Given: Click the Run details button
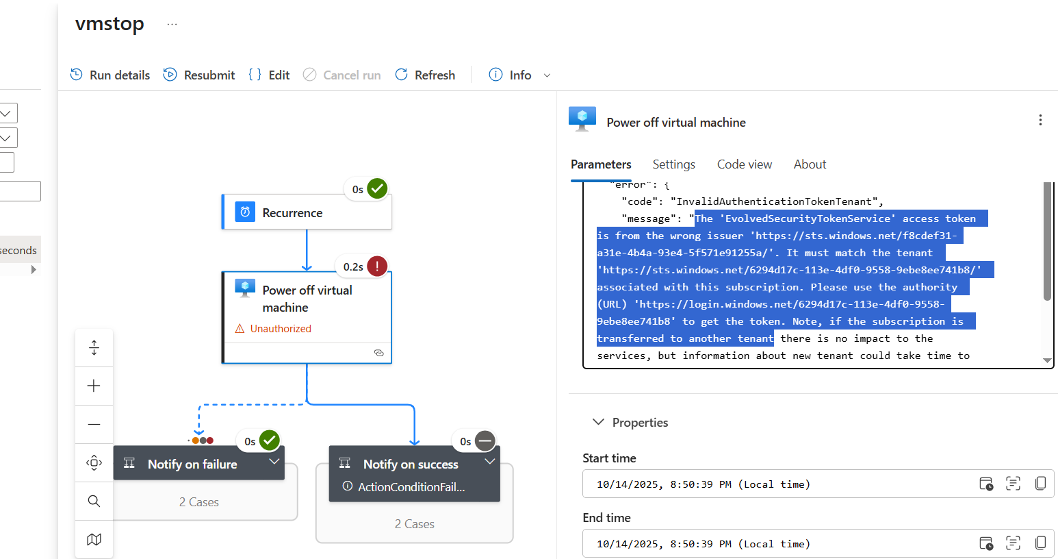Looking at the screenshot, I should [110, 75].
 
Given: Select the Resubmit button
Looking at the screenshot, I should [199, 75].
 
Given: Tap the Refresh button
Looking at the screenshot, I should [425, 75].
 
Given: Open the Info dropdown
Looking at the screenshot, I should [520, 75].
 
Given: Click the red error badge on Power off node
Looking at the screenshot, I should [377, 266].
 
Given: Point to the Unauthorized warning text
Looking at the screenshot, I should [281, 329].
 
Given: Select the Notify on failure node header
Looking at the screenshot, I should [192, 464].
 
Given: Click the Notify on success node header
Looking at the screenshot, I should [411, 464].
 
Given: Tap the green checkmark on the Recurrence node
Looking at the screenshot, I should [377, 188].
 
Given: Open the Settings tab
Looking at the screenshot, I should [673, 164].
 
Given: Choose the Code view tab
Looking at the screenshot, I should [744, 164].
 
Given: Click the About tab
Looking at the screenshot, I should [810, 164].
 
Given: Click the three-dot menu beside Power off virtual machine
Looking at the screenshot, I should [1040, 121].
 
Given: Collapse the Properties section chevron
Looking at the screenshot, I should [598, 422].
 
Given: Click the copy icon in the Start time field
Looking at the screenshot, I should [1040, 484].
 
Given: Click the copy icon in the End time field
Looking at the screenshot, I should [1040, 543].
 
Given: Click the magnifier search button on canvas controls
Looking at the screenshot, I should [94, 501].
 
